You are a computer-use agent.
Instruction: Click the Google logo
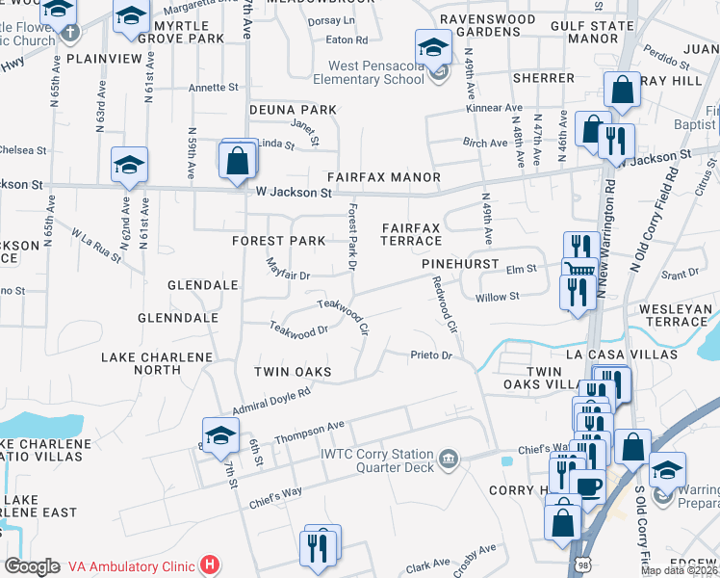click(32, 566)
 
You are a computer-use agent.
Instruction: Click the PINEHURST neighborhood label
click(459, 263)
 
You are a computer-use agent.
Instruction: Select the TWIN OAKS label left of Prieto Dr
click(293, 372)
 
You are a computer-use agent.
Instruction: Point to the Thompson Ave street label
click(309, 433)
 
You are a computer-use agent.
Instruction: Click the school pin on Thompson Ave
click(220, 435)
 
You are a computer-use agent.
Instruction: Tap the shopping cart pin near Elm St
click(579, 272)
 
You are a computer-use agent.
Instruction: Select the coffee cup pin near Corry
click(586, 485)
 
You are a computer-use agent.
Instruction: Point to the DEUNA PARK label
click(294, 110)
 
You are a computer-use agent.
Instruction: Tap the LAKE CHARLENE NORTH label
click(157, 363)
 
